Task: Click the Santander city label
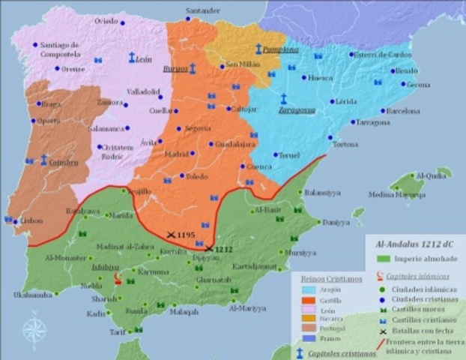203,10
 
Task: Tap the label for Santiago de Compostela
59,49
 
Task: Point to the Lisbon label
31,220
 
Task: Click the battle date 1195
187,235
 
